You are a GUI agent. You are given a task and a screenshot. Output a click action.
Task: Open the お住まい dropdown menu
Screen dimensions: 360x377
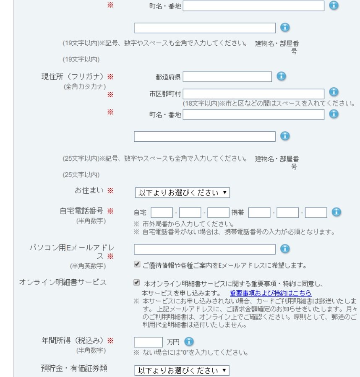point(182,193)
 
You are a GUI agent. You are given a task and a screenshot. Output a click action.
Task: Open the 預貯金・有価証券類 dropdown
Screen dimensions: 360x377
point(182,371)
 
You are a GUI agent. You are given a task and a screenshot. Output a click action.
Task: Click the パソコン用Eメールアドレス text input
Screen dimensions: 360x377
point(205,249)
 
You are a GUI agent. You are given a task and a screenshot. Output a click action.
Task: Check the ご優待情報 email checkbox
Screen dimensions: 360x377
point(137,265)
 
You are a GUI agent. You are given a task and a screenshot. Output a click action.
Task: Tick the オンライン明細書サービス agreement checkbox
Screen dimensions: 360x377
point(137,283)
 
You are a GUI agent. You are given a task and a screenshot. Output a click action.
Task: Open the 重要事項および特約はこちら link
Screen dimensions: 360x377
point(271,293)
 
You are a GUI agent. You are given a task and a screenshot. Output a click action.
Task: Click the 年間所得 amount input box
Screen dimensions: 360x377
point(148,342)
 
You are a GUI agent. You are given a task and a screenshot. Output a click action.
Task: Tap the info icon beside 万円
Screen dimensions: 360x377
point(189,342)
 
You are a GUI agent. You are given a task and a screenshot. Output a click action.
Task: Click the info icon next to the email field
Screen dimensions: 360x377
point(285,249)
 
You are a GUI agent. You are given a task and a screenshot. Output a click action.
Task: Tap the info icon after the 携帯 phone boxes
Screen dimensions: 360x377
point(336,212)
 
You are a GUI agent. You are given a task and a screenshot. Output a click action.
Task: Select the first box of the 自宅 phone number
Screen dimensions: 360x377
point(162,213)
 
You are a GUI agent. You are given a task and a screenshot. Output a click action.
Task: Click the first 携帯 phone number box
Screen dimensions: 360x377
point(259,213)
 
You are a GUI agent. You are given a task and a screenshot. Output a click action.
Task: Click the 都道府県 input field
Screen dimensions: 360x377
point(227,77)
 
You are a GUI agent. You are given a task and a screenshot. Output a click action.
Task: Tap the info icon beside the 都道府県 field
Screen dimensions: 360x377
point(281,76)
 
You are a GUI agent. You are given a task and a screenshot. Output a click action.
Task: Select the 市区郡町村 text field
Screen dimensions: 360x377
point(253,94)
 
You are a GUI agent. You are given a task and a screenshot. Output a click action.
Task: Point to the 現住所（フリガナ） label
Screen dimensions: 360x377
point(72,77)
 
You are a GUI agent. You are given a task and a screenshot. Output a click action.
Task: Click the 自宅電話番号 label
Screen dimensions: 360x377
point(81,211)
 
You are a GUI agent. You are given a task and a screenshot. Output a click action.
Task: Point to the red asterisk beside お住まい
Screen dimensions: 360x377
point(110,191)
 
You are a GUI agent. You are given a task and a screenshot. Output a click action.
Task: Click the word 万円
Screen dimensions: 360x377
point(173,342)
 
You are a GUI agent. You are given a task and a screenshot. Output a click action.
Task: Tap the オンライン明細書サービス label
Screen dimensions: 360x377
point(63,282)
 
